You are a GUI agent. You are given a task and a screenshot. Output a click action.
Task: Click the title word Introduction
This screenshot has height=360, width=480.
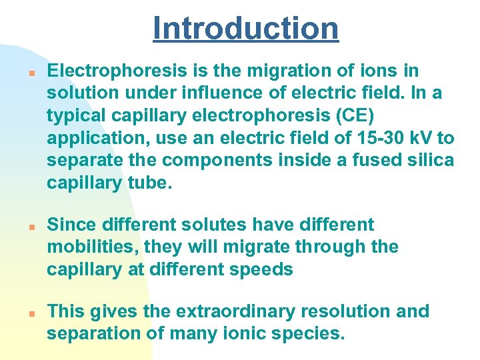point(245,28)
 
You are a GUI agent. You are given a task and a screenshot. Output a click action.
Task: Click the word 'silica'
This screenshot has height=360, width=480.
point(427,160)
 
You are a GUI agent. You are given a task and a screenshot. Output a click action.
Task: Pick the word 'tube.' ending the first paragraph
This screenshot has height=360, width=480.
point(151,183)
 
